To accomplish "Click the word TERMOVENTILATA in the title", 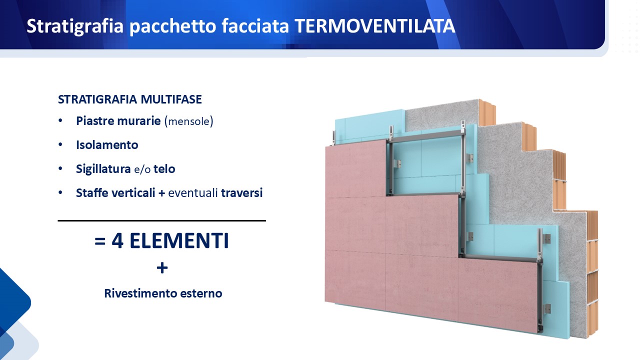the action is click(374, 26).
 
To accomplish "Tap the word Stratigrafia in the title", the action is click(75, 27).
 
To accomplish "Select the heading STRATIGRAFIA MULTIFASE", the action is click(130, 99).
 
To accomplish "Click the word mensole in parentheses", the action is click(189, 121).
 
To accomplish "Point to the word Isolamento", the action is click(107, 145).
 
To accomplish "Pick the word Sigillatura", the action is click(103, 169).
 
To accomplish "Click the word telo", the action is click(164, 169).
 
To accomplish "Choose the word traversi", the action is click(241, 193).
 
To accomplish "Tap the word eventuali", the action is click(193, 193).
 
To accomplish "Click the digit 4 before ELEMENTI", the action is click(117, 240).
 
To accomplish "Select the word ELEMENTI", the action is click(179, 240).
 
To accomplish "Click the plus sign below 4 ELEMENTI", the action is click(162, 268).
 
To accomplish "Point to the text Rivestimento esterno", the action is click(163, 293).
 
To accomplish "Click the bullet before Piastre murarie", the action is click(60, 121).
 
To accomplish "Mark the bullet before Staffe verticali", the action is click(60, 193).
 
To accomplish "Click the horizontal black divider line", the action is click(161, 220).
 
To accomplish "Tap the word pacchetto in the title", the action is click(173, 27).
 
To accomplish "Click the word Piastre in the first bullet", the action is click(95, 121).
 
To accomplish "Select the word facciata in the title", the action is click(255, 26).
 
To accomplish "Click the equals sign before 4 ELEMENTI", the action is click(100, 241).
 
